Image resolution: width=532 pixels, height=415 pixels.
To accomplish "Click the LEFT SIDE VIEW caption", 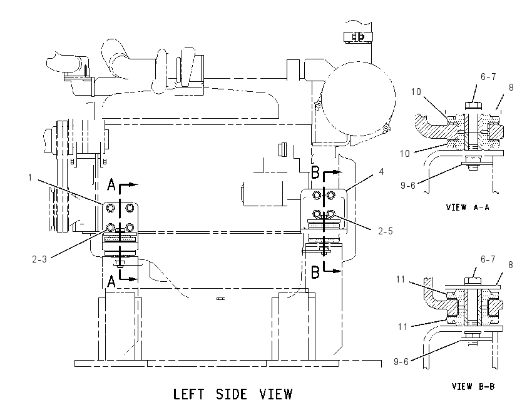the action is (x=233, y=394).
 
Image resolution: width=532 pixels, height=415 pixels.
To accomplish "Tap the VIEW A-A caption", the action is (x=468, y=207).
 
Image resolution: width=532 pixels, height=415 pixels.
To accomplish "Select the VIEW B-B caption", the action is (x=473, y=386).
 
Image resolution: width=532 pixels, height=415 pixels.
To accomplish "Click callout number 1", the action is (x=30, y=177).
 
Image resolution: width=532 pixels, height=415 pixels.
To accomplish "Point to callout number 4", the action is (x=381, y=172).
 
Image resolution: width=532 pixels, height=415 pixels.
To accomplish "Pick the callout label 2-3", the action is (x=39, y=259).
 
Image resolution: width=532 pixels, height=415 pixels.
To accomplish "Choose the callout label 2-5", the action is (x=386, y=231).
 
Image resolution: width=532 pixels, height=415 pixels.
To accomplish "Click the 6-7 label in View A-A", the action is (x=488, y=77).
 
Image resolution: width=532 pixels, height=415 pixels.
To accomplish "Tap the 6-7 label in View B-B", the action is (x=488, y=259).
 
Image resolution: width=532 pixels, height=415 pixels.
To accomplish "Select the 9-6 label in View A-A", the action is (x=408, y=185).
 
